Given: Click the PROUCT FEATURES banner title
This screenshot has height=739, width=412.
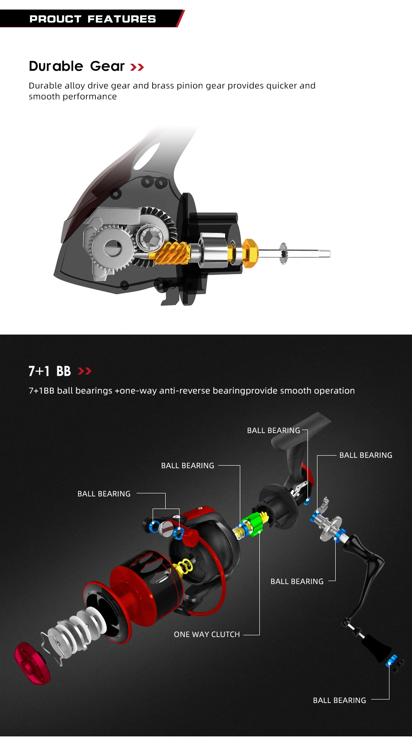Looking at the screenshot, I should (x=92, y=19).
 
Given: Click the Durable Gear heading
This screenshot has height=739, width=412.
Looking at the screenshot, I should (x=77, y=66).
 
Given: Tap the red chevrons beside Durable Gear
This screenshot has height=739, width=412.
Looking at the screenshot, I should (x=137, y=67).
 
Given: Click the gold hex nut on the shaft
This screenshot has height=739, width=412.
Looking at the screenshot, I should (x=249, y=253).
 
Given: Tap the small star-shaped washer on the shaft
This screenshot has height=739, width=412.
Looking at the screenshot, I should (x=284, y=253).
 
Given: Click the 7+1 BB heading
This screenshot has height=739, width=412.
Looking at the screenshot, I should (x=49, y=371).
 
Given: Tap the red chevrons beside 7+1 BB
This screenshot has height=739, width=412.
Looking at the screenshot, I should (x=85, y=371).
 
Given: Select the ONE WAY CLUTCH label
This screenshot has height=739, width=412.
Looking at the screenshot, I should (x=207, y=634).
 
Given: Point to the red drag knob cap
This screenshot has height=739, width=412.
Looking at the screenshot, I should (x=31, y=663).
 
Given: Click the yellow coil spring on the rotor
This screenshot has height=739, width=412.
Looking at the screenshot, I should (x=184, y=567).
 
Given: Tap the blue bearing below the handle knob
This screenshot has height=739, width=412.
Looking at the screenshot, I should (x=392, y=661).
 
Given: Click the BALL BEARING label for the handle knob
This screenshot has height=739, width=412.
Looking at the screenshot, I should (x=340, y=700).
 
